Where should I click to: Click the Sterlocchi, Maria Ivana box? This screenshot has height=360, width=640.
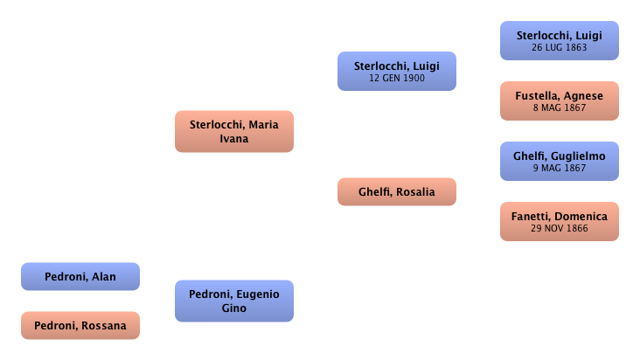coord(234,131)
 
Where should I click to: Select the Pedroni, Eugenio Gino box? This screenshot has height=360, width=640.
coord(234,301)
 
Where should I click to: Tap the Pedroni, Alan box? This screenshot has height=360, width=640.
coord(80,277)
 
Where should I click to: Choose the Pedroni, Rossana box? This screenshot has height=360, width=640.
coord(80,326)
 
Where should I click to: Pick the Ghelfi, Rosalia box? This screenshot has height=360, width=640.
coord(396,192)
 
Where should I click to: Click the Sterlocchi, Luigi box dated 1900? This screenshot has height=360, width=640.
coord(396,72)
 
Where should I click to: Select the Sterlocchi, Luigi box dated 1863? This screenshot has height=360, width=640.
coord(559,41)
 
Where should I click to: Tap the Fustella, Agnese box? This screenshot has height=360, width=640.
coord(559,100)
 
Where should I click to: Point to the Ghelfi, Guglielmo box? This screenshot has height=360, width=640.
coord(559,162)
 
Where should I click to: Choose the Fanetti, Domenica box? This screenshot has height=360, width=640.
coord(559,221)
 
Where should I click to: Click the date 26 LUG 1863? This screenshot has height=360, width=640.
coord(559,47)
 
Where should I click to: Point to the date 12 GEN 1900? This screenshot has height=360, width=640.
coord(396,79)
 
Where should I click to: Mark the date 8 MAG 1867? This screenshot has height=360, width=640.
coord(559,107)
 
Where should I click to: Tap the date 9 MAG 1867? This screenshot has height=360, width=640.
coord(559,168)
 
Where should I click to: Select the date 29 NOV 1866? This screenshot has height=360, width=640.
coord(559,228)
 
